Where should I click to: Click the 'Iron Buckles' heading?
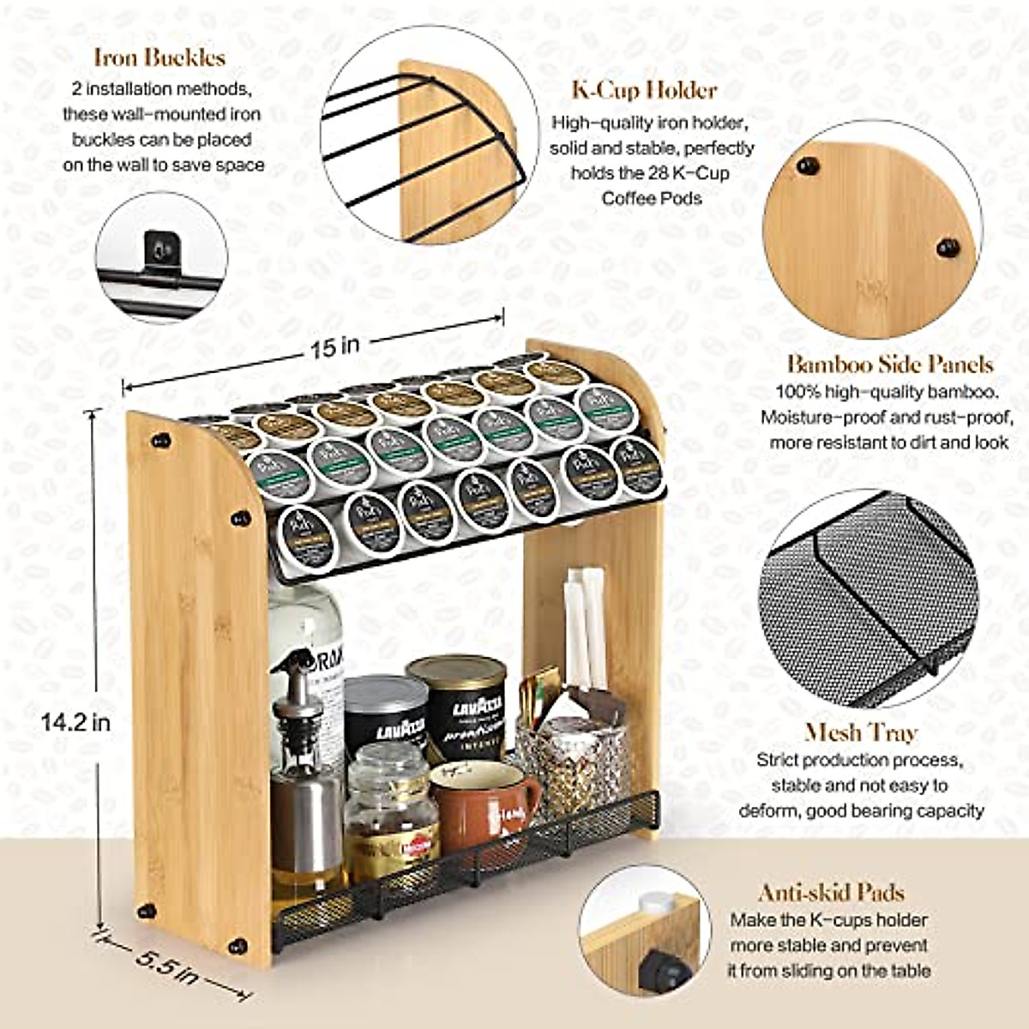(159, 57)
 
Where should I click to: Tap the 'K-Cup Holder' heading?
(644, 90)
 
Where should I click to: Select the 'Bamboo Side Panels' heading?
(890, 364)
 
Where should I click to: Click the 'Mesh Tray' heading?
(861, 733)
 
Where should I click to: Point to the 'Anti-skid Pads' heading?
(831, 893)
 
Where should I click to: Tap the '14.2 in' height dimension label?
(75, 722)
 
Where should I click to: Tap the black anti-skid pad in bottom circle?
(666, 966)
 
